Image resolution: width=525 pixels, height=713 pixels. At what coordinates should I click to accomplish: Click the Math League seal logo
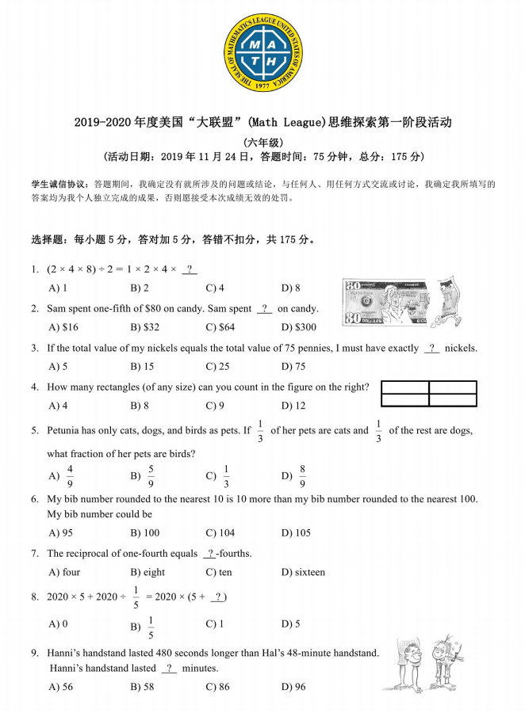pos(262,53)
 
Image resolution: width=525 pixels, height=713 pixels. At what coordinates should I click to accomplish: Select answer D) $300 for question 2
pos(299,327)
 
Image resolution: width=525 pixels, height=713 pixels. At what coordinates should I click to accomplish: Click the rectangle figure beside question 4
pos(429,394)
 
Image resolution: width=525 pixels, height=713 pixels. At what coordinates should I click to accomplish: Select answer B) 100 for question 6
pos(144,532)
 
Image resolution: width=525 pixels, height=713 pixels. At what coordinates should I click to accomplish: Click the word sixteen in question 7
pos(309,572)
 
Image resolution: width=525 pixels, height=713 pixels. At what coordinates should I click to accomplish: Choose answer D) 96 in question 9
pos(293,687)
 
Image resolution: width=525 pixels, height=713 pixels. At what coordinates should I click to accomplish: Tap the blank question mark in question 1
pos(190,269)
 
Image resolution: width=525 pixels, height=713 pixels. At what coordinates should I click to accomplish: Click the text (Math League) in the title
pos(288,123)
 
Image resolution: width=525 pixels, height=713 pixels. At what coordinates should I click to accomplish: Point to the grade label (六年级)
pos(262,141)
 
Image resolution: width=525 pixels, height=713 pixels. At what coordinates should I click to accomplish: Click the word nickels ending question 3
pos(461,348)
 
